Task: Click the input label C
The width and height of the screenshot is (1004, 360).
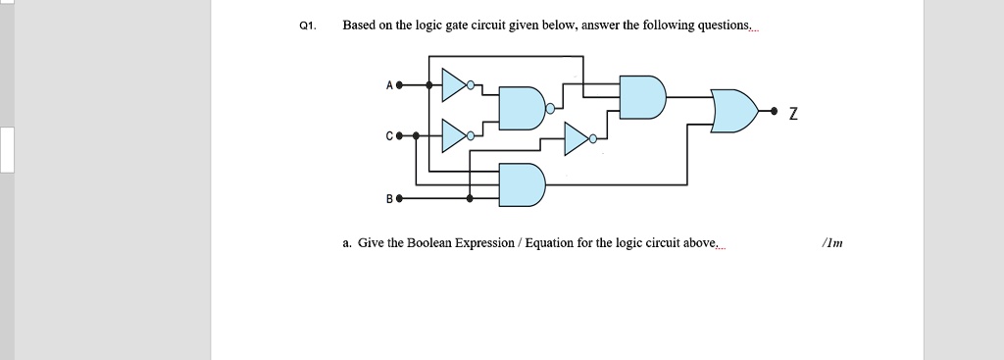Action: [389, 136]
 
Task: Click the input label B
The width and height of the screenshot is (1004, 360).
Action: [389, 198]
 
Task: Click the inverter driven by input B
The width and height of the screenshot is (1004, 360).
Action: [578, 138]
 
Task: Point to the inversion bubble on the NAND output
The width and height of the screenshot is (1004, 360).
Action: [551, 109]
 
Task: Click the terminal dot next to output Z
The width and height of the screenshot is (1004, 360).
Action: [776, 111]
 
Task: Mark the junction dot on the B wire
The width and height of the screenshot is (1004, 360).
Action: [470, 198]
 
